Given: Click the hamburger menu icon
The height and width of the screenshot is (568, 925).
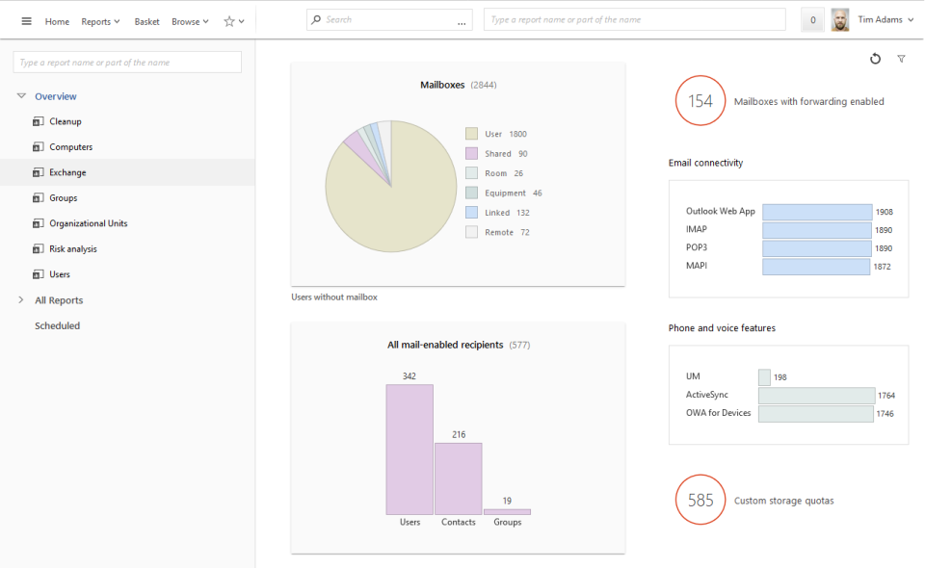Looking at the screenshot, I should (26, 21).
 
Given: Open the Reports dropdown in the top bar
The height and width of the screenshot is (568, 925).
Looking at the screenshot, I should (100, 21).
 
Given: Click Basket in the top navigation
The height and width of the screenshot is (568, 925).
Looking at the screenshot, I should (146, 21).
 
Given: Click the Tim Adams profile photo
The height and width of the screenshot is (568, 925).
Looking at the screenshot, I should (840, 20).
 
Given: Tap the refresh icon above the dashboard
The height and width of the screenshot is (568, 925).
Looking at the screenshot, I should (875, 59).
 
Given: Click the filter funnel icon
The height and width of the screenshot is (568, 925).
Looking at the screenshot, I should (901, 59).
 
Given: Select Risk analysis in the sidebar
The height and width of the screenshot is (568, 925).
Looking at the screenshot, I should (73, 248).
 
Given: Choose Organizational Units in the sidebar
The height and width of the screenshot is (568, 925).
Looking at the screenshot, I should (88, 223).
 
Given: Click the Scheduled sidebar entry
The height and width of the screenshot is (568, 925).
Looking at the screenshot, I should (58, 325).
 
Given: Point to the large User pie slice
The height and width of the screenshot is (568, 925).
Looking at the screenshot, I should (385, 197).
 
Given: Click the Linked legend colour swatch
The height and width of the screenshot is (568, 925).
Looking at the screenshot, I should (471, 212).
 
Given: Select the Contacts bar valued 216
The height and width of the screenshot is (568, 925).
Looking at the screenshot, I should (459, 478).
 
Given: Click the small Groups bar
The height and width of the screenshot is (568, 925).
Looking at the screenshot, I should (507, 512).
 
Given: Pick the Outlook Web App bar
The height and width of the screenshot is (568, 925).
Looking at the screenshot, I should (817, 212).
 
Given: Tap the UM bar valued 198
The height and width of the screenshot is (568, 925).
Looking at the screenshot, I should (764, 377).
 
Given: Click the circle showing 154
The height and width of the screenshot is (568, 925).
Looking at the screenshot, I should (700, 101).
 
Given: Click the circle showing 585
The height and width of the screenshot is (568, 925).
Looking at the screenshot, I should (700, 500).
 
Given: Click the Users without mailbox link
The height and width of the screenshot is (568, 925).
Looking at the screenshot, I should (334, 297).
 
